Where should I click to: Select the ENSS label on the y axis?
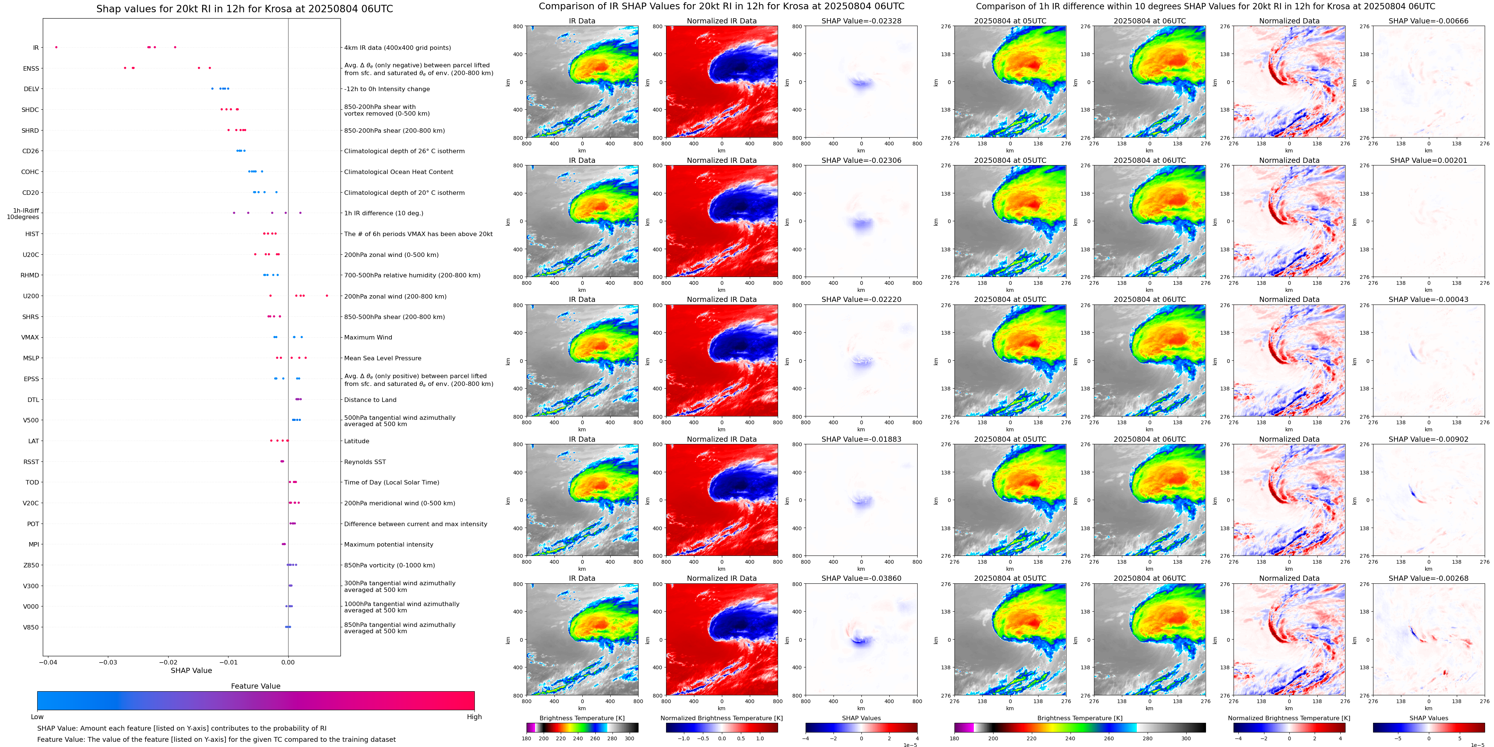coord(31,68)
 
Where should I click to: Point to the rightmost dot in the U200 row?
coord(327,296)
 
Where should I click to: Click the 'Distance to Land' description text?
coord(370,400)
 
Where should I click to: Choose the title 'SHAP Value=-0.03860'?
coord(861,578)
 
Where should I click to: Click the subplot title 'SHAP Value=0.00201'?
coord(1429,161)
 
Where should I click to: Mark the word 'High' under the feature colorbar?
coord(474,717)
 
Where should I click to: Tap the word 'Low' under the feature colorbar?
coord(37,717)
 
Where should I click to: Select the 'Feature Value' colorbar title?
coord(256,686)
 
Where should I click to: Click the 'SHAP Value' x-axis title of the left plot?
coord(191,670)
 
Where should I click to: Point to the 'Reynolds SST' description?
coord(365,462)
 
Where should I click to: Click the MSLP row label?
coord(31,358)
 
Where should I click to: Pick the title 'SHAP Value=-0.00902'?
coord(1429,439)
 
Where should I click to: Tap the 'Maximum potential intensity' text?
coord(388,545)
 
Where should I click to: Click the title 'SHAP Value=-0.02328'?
coord(861,21)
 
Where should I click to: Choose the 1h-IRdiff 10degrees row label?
coord(23,214)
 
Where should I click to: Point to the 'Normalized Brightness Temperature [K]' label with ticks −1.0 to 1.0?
coord(722,718)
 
